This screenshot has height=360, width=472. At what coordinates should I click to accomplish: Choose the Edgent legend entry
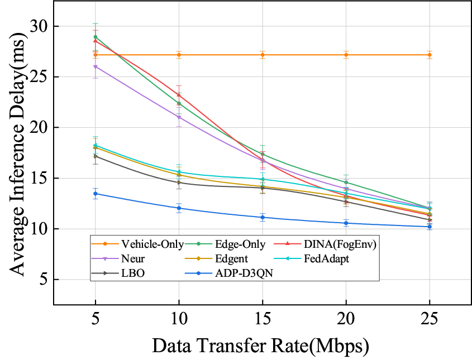coord(230,259)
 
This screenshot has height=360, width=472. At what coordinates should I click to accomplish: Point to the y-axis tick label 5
coord(43,280)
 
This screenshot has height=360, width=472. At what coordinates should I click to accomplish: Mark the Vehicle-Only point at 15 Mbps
coord(263,55)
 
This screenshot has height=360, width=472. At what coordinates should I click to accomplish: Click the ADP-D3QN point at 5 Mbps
coord(96,194)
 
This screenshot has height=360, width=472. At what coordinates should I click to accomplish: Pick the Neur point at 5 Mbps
coord(96,66)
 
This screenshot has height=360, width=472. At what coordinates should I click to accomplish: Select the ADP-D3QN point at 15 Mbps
coord(263,217)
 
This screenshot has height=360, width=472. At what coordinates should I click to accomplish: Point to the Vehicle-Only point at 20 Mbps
coord(346,55)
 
